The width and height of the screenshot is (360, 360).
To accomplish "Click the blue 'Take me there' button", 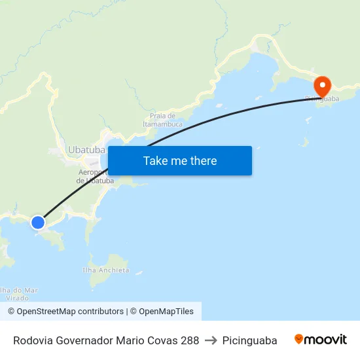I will [x=180, y=160].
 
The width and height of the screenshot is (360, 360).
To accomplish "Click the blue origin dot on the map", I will [x=38, y=223].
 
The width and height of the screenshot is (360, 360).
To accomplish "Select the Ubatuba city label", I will [x=86, y=150].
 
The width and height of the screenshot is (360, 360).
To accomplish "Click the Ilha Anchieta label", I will [x=106, y=270].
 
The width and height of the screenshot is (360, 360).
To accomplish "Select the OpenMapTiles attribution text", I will [x=166, y=312].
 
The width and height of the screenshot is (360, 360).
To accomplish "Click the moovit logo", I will [x=321, y=340].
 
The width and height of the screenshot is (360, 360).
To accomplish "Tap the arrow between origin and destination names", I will [x=211, y=340].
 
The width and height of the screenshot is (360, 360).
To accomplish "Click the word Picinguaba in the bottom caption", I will [x=249, y=340].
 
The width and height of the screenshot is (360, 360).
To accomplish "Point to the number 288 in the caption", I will [x=190, y=340].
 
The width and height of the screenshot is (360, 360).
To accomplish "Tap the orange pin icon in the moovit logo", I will [x=299, y=339].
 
